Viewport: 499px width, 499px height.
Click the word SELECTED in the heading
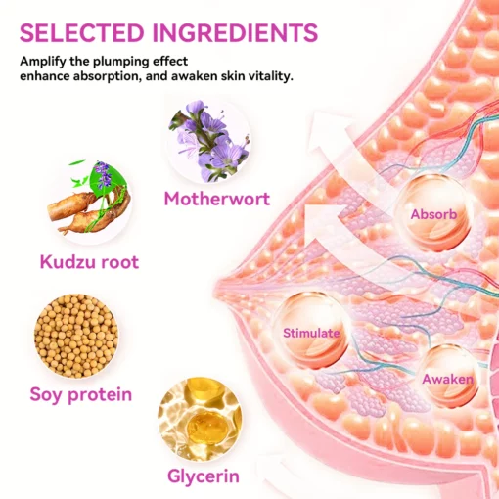coord(82,32)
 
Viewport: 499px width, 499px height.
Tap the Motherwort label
coord(217,199)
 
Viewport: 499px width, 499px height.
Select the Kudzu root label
coord(89,262)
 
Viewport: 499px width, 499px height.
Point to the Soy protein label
coord(81,395)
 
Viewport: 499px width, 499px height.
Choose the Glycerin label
coord(204,476)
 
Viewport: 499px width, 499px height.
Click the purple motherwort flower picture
coord(209,141)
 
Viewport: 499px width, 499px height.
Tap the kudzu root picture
coord(89,199)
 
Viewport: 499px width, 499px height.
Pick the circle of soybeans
coord(76,336)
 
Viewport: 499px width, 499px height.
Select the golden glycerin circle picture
coord(200,419)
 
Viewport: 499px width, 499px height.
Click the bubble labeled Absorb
coord(433,213)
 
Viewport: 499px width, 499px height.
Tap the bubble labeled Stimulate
coord(312,331)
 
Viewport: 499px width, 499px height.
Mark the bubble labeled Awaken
coord(449,377)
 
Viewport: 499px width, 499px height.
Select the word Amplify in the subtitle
coord(43,62)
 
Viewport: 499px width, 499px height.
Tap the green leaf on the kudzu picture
coord(112,178)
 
